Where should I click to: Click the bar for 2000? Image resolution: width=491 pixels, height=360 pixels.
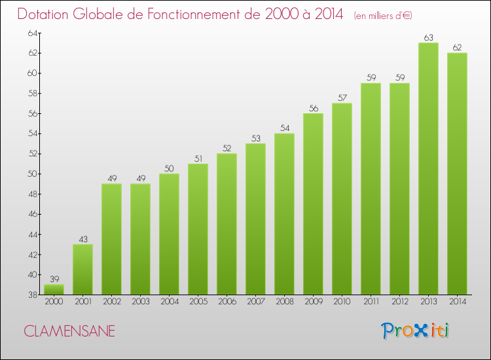[x=54, y=289]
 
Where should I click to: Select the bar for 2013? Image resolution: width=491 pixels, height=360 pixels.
[x=428, y=169]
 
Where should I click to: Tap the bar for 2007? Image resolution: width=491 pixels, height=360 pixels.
[x=255, y=219]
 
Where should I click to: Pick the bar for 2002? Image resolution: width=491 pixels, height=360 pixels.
[x=111, y=239]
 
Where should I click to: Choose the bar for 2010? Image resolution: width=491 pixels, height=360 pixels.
[x=342, y=199]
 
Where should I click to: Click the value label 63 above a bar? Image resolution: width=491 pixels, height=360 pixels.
[x=428, y=38]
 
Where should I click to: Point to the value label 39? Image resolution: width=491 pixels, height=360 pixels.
[x=54, y=279]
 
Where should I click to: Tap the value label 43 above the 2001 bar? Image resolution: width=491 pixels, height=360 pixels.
[x=82, y=240]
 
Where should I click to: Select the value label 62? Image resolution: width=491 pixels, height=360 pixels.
[x=457, y=48]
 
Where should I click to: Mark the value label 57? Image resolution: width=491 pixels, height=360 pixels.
[x=342, y=98]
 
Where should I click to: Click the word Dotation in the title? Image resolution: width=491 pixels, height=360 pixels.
[x=48, y=14]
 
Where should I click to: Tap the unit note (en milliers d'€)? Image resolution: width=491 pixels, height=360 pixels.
[x=383, y=15]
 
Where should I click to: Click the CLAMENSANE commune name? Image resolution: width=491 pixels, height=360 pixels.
[x=69, y=331]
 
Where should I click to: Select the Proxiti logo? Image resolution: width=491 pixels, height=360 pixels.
[x=416, y=331]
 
